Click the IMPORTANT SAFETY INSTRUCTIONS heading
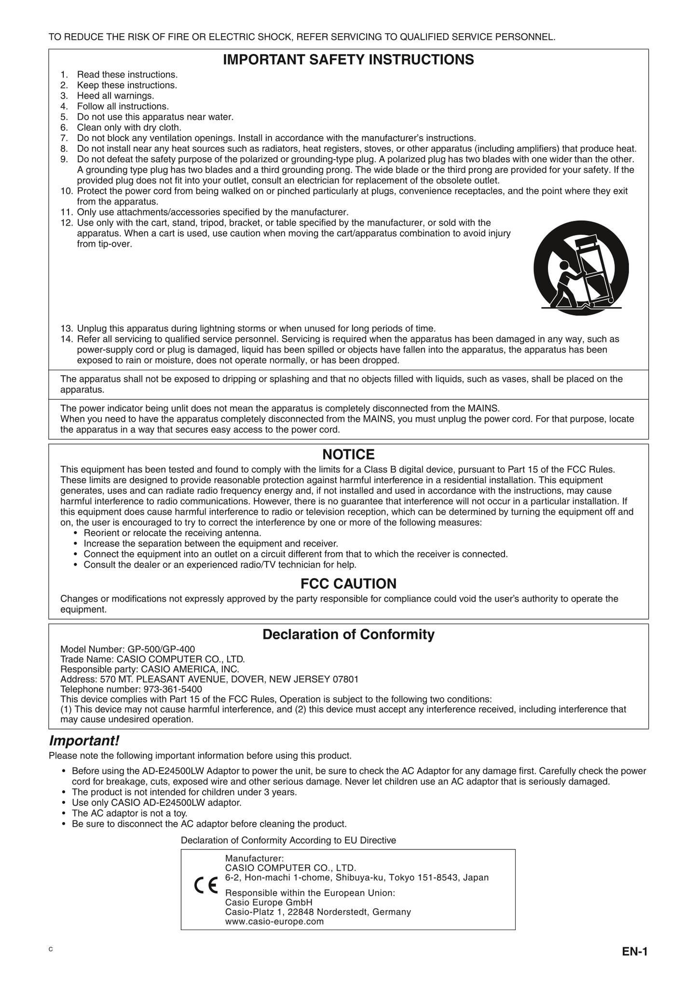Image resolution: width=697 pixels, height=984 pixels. (348, 60)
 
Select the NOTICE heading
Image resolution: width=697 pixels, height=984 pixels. (348, 455)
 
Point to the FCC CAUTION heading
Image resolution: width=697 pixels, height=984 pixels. (348, 584)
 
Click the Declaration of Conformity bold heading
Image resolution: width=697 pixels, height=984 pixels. (348, 634)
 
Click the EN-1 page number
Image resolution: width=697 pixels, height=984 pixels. (634, 952)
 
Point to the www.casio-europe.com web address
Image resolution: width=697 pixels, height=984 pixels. (274, 921)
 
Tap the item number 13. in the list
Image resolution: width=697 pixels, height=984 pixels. (67, 329)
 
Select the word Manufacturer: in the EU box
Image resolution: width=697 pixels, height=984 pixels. (254, 858)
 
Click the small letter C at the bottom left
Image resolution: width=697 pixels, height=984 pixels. (50, 949)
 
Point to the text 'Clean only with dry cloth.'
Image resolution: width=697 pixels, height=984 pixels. (129, 128)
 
